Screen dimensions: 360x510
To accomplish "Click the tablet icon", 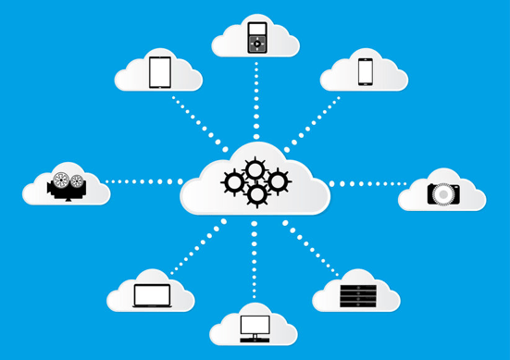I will [160, 72].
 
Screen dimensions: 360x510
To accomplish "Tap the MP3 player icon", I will [256, 37].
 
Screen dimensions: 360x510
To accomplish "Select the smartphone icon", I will [366, 71].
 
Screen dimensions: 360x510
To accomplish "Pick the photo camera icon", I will [443, 193].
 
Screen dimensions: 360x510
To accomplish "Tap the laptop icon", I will [152, 295].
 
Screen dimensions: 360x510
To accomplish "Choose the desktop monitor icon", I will [255, 328].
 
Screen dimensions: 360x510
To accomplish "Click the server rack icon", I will [357, 295].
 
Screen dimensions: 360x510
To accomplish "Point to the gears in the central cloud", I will [255, 181].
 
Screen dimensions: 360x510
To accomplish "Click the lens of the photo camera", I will [444, 194].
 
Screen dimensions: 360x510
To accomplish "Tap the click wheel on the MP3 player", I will [256, 43].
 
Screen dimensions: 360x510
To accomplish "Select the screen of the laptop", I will [152, 293].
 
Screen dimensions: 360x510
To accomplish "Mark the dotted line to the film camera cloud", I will [143, 181].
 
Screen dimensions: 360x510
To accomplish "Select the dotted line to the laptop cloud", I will [197, 247].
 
